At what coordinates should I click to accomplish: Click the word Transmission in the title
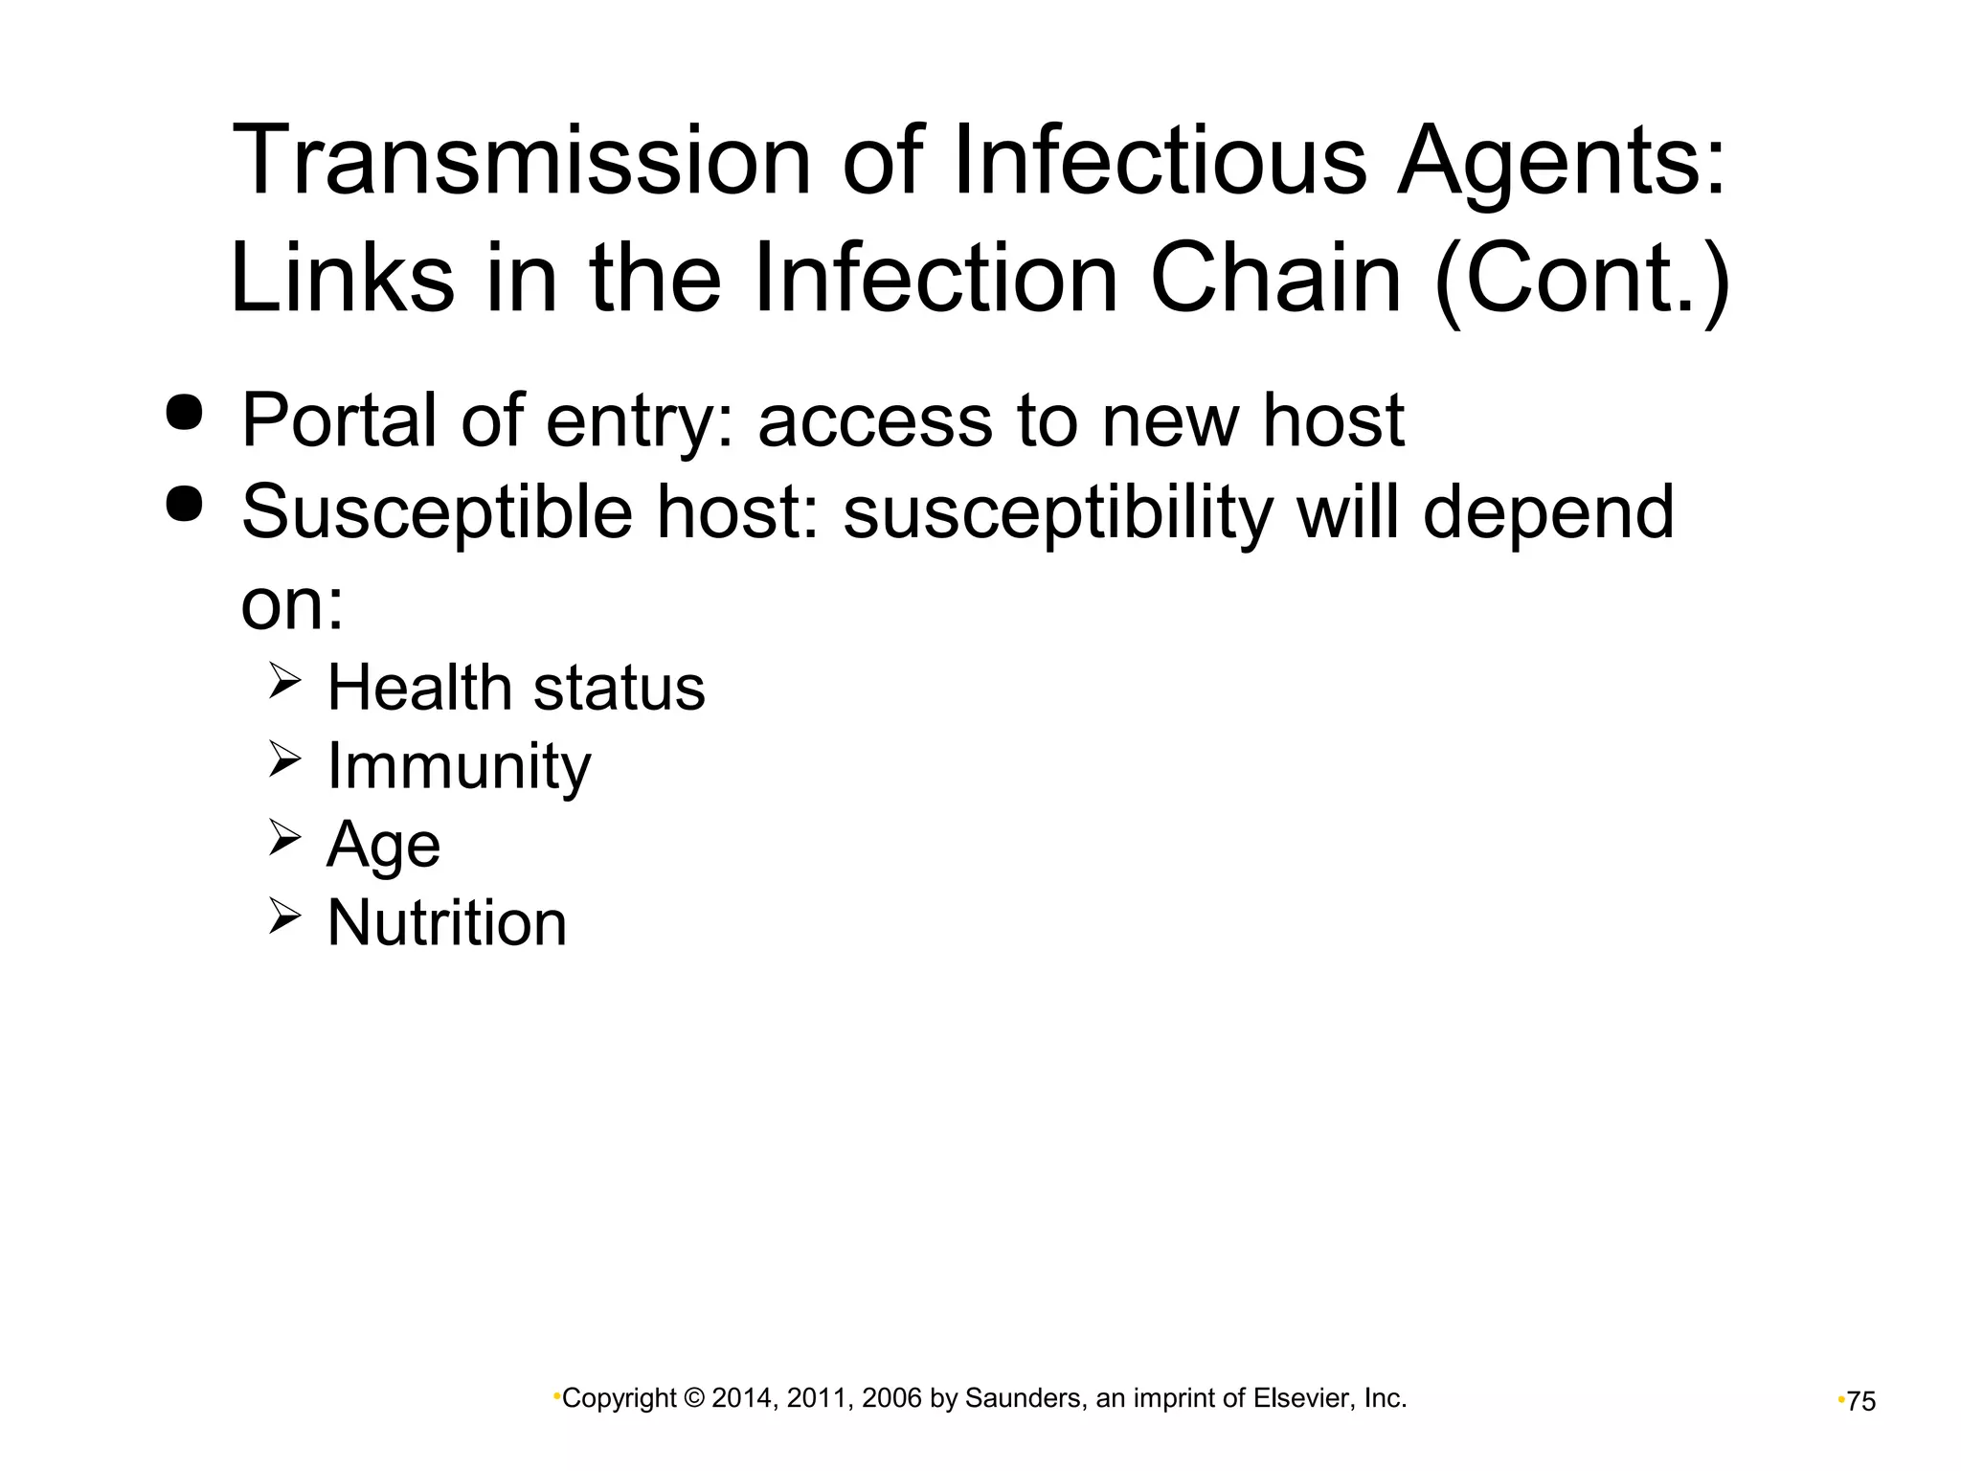coord(522,161)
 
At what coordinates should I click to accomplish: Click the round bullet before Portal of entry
coord(185,413)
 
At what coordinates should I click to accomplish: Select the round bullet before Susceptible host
coord(185,504)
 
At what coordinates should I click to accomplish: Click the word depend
coord(1547,513)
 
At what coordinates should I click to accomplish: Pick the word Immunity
coord(459,767)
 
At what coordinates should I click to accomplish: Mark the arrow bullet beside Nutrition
coord(284,917)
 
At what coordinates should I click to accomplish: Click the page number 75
coord(1861,1402)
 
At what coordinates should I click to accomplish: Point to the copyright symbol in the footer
coord(694,1399)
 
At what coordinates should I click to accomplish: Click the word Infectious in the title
coord(1159,161)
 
